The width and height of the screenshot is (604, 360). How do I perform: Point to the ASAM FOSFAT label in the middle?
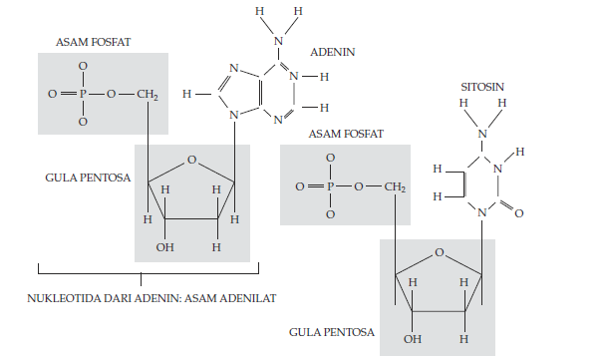coord(346,134)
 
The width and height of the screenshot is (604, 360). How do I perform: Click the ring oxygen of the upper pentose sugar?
coord(191,158)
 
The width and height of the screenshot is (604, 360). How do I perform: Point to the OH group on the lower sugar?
coord(413,339)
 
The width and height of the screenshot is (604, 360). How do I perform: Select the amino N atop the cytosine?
coord(482,134)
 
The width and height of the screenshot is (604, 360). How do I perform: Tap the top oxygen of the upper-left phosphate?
coord(83,66)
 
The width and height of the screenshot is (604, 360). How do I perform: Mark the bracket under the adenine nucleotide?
coord(148,270)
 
